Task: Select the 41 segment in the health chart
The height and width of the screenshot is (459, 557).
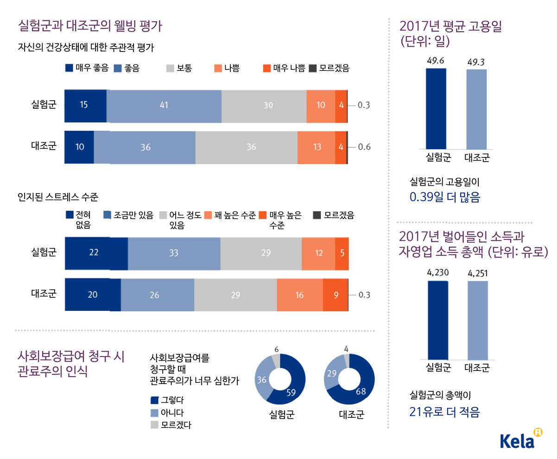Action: [x=164, y=106]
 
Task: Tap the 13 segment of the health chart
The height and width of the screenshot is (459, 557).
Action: [x=316, y=147]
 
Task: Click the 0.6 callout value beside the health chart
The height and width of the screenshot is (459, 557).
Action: [x=364, y=147]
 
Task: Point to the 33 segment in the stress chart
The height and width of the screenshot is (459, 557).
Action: [x=174, y=253]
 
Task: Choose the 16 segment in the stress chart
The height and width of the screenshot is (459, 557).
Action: [x=299, y=295]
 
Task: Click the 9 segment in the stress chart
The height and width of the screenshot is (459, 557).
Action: [x=335, y=295]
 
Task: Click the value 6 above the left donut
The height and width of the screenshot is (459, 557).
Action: [x=276, y=349]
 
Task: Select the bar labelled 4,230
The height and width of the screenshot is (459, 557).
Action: [x=437, y=320]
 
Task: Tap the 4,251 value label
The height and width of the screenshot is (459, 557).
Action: [x=477, y=272]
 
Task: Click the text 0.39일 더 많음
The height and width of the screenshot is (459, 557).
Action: [x=444, y=198]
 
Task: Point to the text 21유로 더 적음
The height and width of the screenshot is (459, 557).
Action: [x=444, y=411]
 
